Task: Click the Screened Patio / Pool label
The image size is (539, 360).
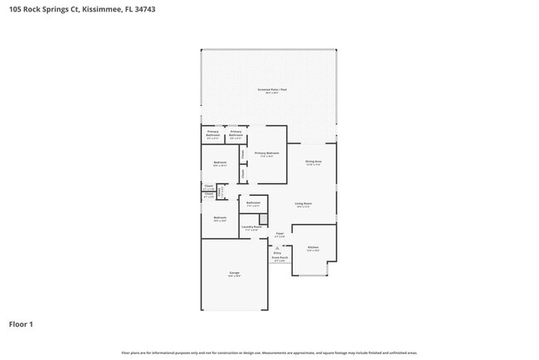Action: point(271,90)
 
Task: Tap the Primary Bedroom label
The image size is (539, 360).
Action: point(266,153)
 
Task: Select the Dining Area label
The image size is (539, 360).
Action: point(313,162)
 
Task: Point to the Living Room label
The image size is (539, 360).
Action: point(303,203)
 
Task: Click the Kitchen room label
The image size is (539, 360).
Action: point(313,248)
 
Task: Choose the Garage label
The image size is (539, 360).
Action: point(235,273)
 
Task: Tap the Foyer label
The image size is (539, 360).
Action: point(280,234)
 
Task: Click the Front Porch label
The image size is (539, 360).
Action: point(279,258)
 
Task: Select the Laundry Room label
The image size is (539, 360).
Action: point(252,226)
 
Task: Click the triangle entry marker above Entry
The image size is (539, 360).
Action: point(277,247)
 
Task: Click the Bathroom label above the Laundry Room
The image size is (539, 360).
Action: point(254,202)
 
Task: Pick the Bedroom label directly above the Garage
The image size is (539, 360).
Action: point(220,218)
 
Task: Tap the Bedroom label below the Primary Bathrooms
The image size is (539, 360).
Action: point(220,162)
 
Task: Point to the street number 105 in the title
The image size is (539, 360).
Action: point(14,9)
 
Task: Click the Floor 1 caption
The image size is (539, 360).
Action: point(21,324)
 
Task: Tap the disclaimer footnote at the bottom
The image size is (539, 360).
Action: point(269,353)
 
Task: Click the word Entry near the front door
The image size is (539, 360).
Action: point(277,252)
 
